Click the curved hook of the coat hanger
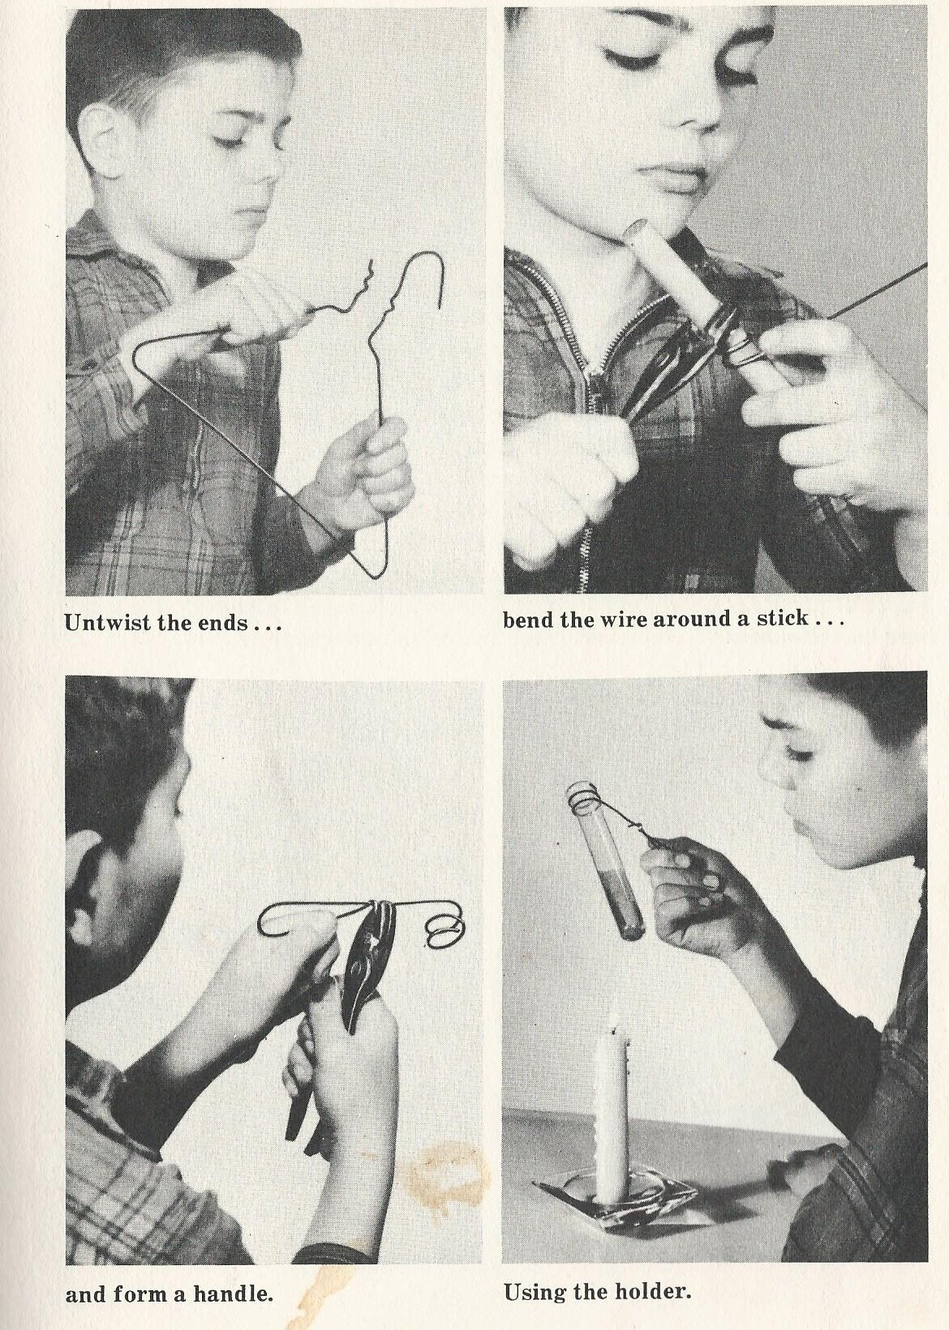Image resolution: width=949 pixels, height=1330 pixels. (x=421, y=279)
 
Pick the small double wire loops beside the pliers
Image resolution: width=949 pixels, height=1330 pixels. (x=444, y=939)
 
